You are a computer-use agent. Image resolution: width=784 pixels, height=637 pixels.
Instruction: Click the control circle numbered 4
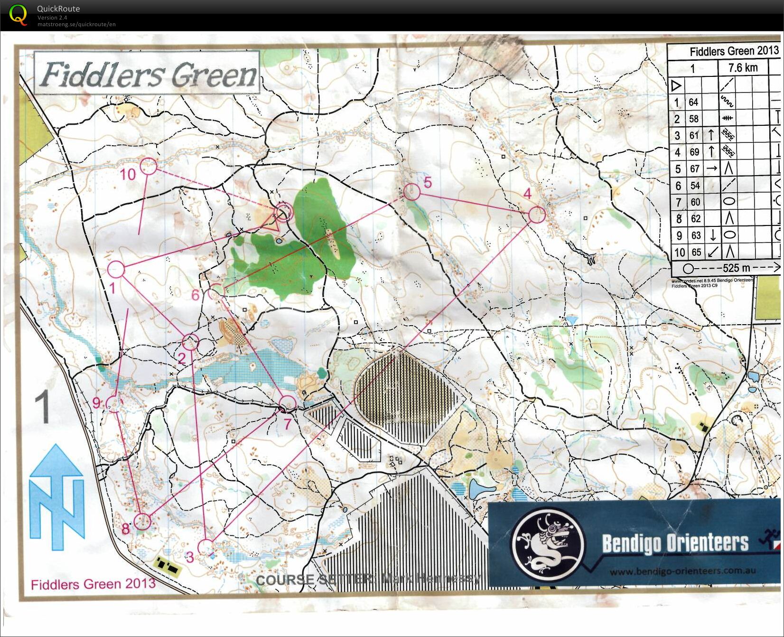coord(536,215)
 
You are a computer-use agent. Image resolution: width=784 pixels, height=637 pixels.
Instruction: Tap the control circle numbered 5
coord(412,192)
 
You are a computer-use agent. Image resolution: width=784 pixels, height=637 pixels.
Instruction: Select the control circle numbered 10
coord(149,167)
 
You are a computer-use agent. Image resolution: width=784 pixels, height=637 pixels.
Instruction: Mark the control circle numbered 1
coord(116,270)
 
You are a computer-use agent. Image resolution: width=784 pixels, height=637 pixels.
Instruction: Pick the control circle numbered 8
coord(141,521)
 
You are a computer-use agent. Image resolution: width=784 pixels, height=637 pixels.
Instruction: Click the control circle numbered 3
coord(205,547)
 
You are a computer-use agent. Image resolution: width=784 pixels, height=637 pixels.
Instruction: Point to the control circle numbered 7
coord(287,403)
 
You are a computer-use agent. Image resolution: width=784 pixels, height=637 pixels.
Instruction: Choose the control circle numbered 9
coord(113,404)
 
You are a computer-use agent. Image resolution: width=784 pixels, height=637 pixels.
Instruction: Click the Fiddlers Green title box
coord(147,74)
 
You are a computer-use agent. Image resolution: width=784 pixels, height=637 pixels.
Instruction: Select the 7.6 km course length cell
coord(743,68)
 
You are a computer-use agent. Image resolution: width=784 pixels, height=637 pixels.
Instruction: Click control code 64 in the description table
coord(693,102)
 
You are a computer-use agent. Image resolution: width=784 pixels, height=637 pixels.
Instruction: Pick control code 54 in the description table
coord(695,186)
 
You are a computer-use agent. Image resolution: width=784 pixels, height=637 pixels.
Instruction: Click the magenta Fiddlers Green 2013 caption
coord(93,583)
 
